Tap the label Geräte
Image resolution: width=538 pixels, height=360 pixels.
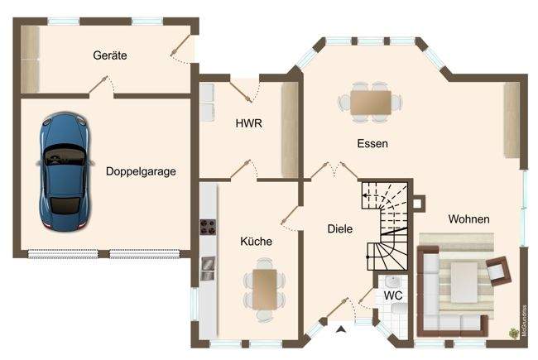[x=109, y=55]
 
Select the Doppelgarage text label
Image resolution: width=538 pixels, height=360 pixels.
[x=140, y=172]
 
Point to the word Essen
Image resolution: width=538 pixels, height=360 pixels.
[x=372, y=143]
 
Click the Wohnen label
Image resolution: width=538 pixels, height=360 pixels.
[x=468, y=219]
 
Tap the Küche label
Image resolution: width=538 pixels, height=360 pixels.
[x=256, y=242]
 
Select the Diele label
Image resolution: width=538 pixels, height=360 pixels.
[x=340, y=229]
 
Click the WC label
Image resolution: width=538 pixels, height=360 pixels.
[x=392, y=295]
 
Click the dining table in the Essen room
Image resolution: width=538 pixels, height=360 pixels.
[x=370, y=102]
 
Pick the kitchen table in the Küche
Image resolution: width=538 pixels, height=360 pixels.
[x=264, y=287]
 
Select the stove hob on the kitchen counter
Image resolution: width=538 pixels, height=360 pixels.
[x=208, y=227]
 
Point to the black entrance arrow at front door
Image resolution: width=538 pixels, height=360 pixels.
[x=340, y=331]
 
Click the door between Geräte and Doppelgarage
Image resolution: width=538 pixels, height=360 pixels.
[x=101, y=84]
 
